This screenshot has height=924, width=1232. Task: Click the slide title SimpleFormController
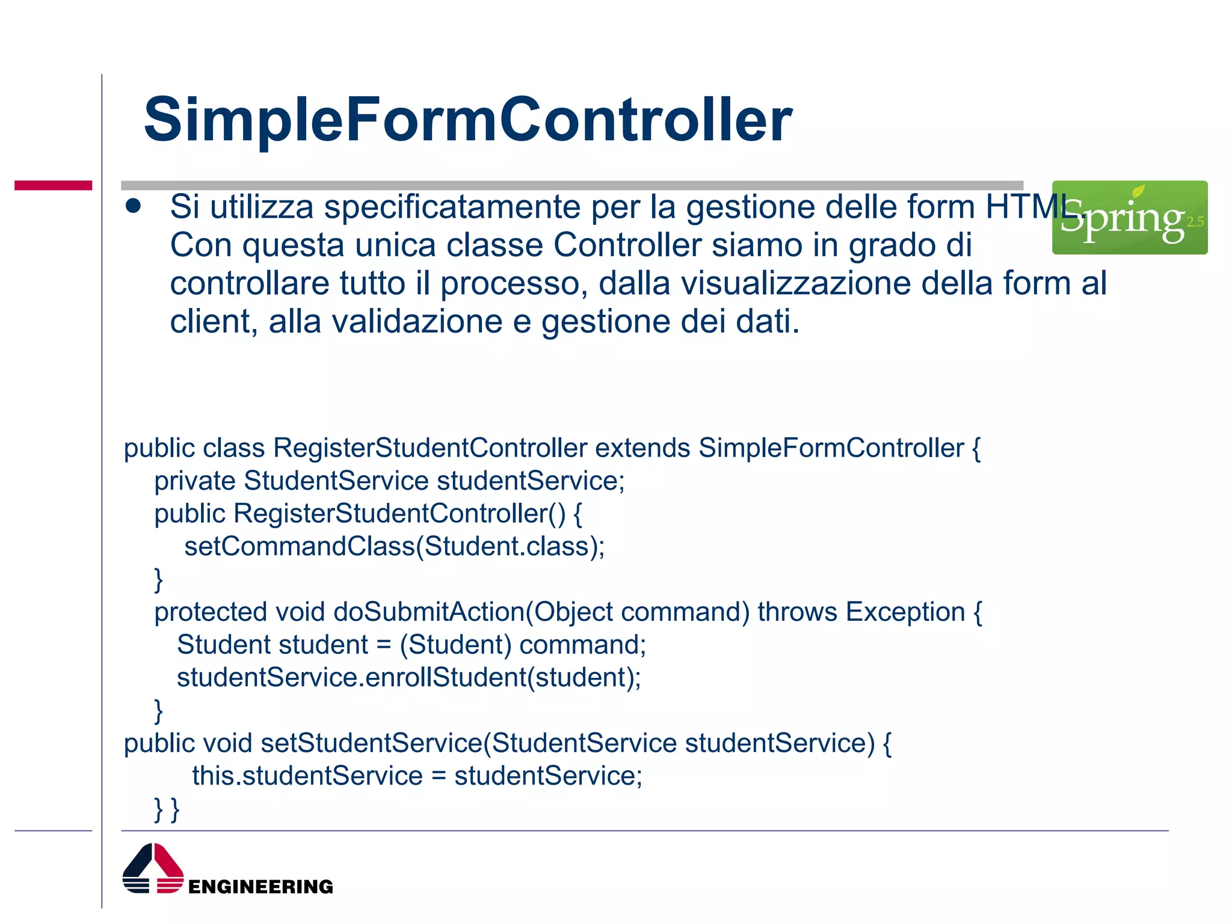tap(467, 120)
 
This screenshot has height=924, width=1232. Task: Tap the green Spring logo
tap(1129, 218)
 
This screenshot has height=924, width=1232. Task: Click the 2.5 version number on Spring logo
tap(1195, 222)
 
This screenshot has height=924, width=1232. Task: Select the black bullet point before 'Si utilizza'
tap(133, 206)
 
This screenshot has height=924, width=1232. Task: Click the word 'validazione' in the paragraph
tap(416, 322)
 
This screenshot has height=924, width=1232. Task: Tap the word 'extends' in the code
tap(642, 448)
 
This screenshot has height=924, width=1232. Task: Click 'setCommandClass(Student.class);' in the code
tap(394, 547)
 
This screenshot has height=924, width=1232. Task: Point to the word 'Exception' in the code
tap(905, 612)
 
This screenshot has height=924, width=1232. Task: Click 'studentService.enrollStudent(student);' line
tap(409, 678)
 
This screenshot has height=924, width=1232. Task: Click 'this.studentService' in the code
tap(307, 776)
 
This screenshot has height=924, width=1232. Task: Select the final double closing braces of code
tap(167, 809)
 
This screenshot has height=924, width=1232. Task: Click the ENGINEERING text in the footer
tap(260, 887)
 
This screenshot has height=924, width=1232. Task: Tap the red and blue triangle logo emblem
tap(153, 869)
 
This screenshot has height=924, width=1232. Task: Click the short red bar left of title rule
tap(53, 185)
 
